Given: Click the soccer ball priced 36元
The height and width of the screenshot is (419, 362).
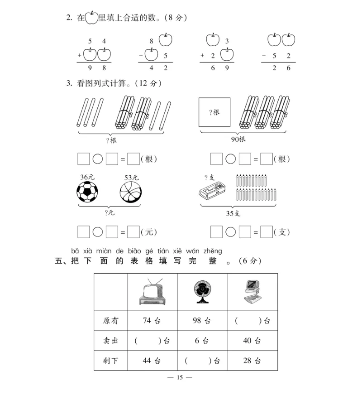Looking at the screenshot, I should click(x=88, y=192).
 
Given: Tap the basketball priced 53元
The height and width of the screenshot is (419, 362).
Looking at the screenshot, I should click(x=131, y=192).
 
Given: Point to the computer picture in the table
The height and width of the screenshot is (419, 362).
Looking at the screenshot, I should click(x=252, y=292).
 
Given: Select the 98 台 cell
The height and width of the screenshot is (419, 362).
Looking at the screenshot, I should click(x=202, y=321).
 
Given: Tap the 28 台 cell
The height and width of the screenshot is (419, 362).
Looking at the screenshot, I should click(x=252, y=361).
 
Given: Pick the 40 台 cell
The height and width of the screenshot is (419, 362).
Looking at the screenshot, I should click(x=252, y=341).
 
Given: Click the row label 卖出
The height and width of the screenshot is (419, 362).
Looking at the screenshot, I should click(x=111, y=341).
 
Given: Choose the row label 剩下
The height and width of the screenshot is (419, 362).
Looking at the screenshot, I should click(x=111, y=361).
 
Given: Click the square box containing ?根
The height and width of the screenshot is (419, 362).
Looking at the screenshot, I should click(x=214, y=112).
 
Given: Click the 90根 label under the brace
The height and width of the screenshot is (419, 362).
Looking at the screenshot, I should click(x=238, y=139).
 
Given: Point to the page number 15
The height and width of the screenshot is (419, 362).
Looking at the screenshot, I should click(x=180, y=378).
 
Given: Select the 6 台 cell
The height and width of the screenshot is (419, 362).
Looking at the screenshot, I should click(x=202, y=341).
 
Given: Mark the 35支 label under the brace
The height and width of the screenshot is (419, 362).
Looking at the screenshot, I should click(x=233, y=213).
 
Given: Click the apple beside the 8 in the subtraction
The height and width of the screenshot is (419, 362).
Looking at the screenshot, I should click(x=166, y=40).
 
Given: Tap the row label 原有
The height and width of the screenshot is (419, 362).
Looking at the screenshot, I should click(x=111, y=321).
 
